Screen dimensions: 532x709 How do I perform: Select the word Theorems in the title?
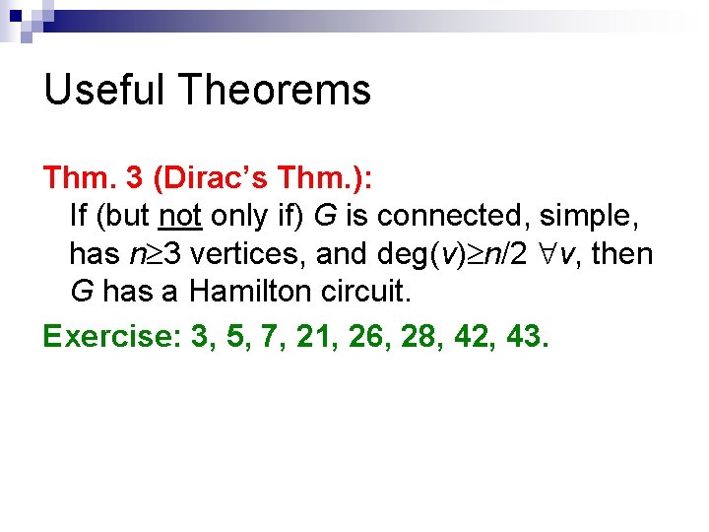[x=275, y=91]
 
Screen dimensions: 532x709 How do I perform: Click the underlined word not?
[x=180, y=214]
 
